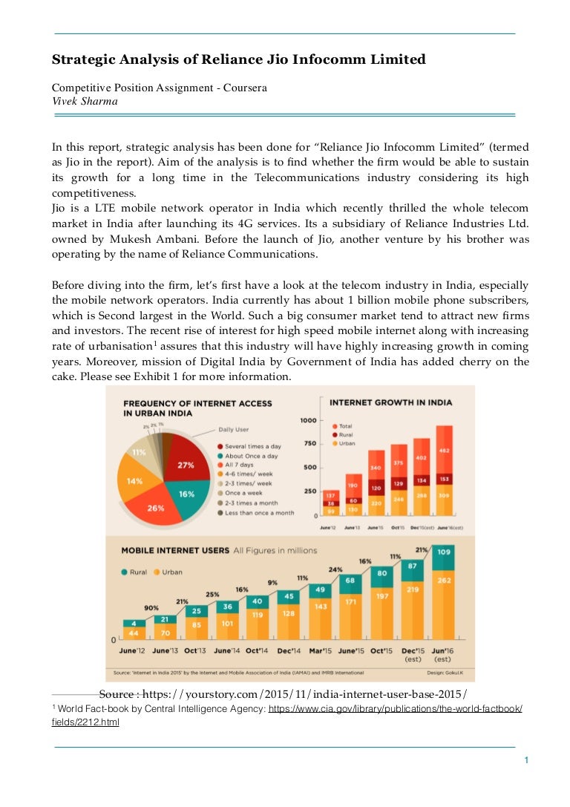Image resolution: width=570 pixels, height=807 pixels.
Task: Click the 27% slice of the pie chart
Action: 186,465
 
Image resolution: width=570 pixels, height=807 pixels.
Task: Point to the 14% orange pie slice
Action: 135,481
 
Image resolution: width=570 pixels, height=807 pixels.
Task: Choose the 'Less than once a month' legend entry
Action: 260,512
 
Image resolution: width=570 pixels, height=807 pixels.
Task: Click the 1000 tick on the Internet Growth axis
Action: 307,420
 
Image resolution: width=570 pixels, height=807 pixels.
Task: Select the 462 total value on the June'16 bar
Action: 445,451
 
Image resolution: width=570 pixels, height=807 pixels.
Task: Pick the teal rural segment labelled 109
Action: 443,552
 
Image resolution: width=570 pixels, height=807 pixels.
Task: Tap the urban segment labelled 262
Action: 443,581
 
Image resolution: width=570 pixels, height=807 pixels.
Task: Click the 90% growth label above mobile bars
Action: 151,608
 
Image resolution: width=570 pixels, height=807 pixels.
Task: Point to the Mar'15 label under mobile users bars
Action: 321,651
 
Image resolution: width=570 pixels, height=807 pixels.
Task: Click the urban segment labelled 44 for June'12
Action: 134,633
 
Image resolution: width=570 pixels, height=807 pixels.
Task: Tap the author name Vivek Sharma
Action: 85,102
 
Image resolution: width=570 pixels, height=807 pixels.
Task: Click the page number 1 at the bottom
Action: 525,760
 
